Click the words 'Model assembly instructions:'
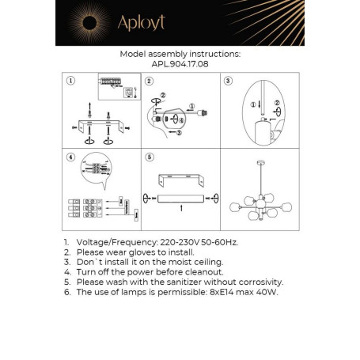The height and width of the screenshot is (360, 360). [x=180, y=55]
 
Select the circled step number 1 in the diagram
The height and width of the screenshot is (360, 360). [x=70, y=81]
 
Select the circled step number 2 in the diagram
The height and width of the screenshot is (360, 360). [x=148, y=81]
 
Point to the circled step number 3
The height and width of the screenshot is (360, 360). [x=229, y=81]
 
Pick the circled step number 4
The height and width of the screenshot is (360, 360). [x=70, y=157]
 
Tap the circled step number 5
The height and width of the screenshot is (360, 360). [x=148, y=157]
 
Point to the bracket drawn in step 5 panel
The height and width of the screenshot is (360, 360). [x=180, y=180]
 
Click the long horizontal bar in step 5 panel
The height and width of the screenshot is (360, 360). [x=180, y=195]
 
